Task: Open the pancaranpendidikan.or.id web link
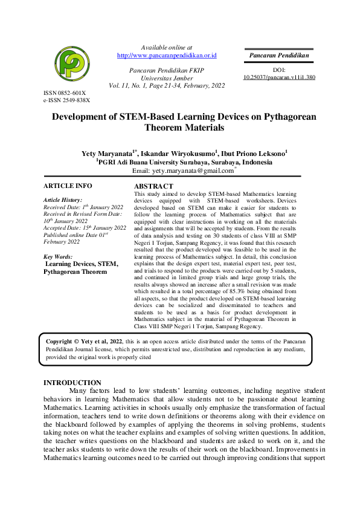(167, 56)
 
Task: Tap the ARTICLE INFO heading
(68, 186)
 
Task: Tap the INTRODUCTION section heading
(73, 383)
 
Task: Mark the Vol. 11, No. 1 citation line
(167, 86)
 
